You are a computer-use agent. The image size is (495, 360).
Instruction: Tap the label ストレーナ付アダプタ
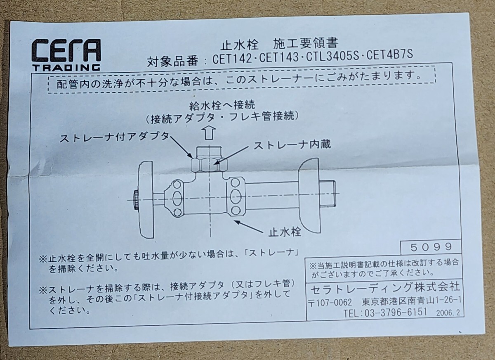[114, 138]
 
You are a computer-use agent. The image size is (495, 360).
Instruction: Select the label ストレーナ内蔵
[292, 145]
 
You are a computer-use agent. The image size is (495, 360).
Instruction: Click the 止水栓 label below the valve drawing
[285, 231]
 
